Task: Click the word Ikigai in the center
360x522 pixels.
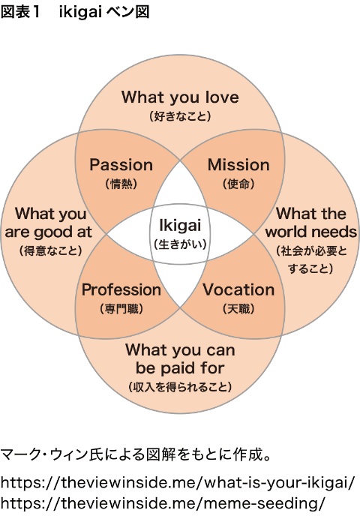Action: (x=180, y=225)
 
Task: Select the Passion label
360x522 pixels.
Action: (x=121, y=165)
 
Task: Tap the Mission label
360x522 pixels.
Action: (x=238, y=165)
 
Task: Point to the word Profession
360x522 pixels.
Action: (x=121, y=289)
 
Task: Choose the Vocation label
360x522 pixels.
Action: (x=238, y=289)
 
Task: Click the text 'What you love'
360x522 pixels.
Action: (x=180, y=97)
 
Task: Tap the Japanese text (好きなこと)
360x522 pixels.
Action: (x=180, y=116)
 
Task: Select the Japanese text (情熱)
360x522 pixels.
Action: (x=121, y=184)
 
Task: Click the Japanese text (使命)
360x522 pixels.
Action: (x=238, y=184)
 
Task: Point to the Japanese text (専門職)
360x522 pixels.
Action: (x=121, y=309)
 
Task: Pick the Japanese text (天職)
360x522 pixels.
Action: (x=238, y=309)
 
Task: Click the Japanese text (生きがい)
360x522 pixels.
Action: (x=180, y=244)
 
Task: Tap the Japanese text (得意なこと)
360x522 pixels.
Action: (x=50, y=250)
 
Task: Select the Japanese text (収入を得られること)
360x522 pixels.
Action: (x=180, y=387)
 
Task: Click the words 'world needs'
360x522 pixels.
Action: (x=311, y=232)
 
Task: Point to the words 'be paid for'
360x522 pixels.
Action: (x=180, y=368)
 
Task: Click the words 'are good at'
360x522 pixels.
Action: (x=49, y=232)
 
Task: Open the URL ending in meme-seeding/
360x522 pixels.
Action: (x=162, y=503)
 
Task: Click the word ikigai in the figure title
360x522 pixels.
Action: (x=80, y=12)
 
